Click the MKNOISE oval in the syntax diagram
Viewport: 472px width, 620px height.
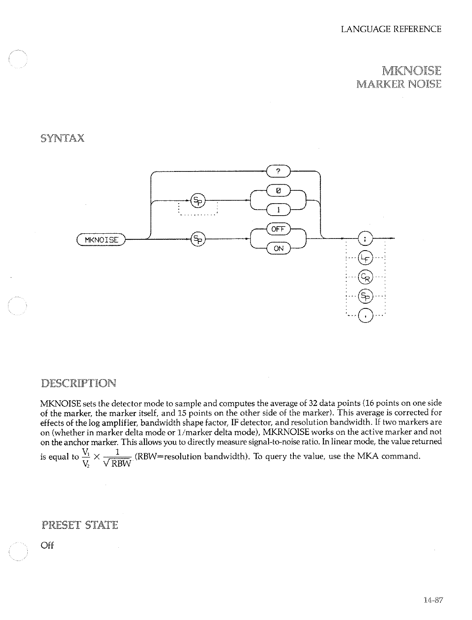tap(101, 240)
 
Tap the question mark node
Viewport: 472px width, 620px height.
tap(279, 171)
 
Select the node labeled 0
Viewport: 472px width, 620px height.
tap(278, 192)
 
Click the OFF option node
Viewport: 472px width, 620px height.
tap(278, 229)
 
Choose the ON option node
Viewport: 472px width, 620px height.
tap(278, 248)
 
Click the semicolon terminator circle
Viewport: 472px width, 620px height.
tap(365, 239)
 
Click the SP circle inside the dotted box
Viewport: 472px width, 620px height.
tap(197, 200)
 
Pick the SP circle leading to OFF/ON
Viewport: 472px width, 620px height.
tap(197, 240)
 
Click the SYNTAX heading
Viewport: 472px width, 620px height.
tap(62, 139)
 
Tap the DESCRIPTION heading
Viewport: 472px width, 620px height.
tap(79, 383)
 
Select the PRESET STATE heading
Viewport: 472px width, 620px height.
tap(79, 525)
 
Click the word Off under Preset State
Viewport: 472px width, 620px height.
tap(47, 546)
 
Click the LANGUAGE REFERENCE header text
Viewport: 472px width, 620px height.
tap(391, 29)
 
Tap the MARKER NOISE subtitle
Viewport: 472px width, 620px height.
tap(399, 84)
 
